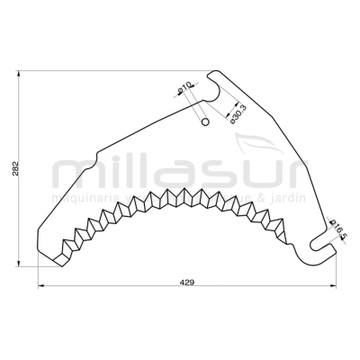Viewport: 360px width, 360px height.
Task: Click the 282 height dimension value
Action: [15, 169]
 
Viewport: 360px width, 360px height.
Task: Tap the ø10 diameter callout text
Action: [184, 87]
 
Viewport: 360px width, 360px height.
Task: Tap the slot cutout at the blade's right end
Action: [318, 242]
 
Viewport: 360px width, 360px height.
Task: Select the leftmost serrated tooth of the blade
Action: [61, 256]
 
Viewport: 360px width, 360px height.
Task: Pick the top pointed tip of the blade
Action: [212, 71]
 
